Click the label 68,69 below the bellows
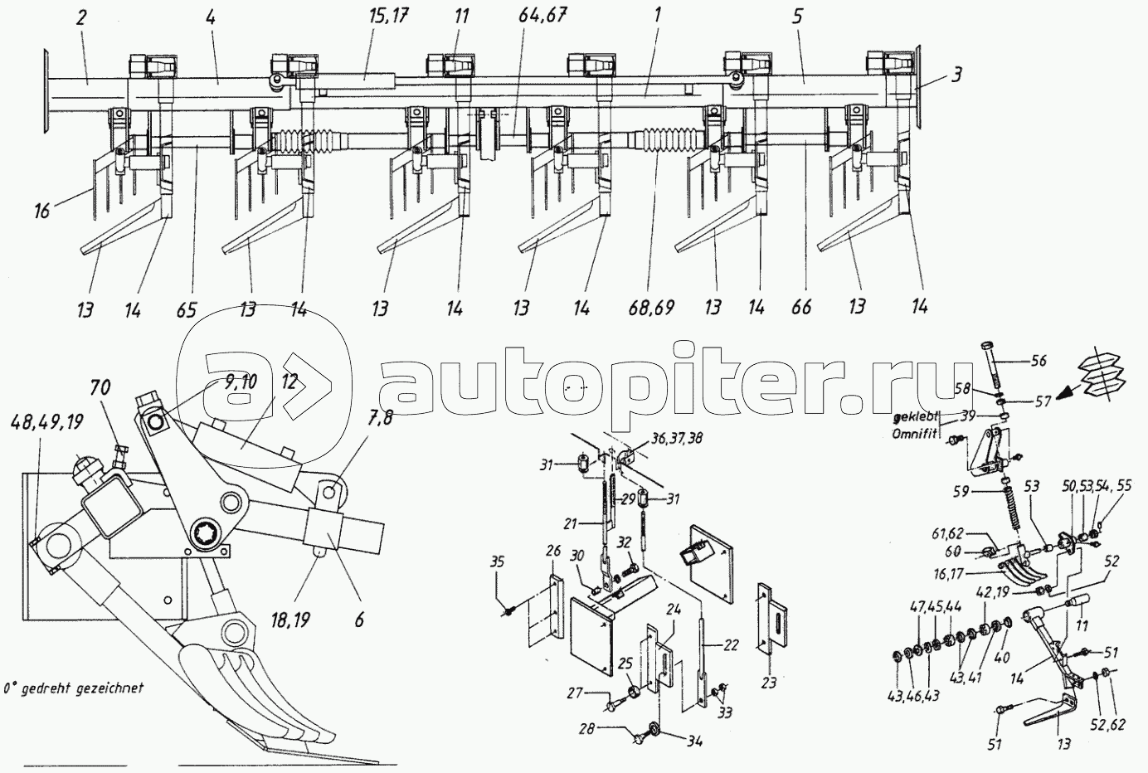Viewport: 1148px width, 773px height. [x=651, y=307]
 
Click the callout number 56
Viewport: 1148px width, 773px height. [x=1041, y=360]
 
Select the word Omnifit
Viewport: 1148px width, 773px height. [x=917, y=427]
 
